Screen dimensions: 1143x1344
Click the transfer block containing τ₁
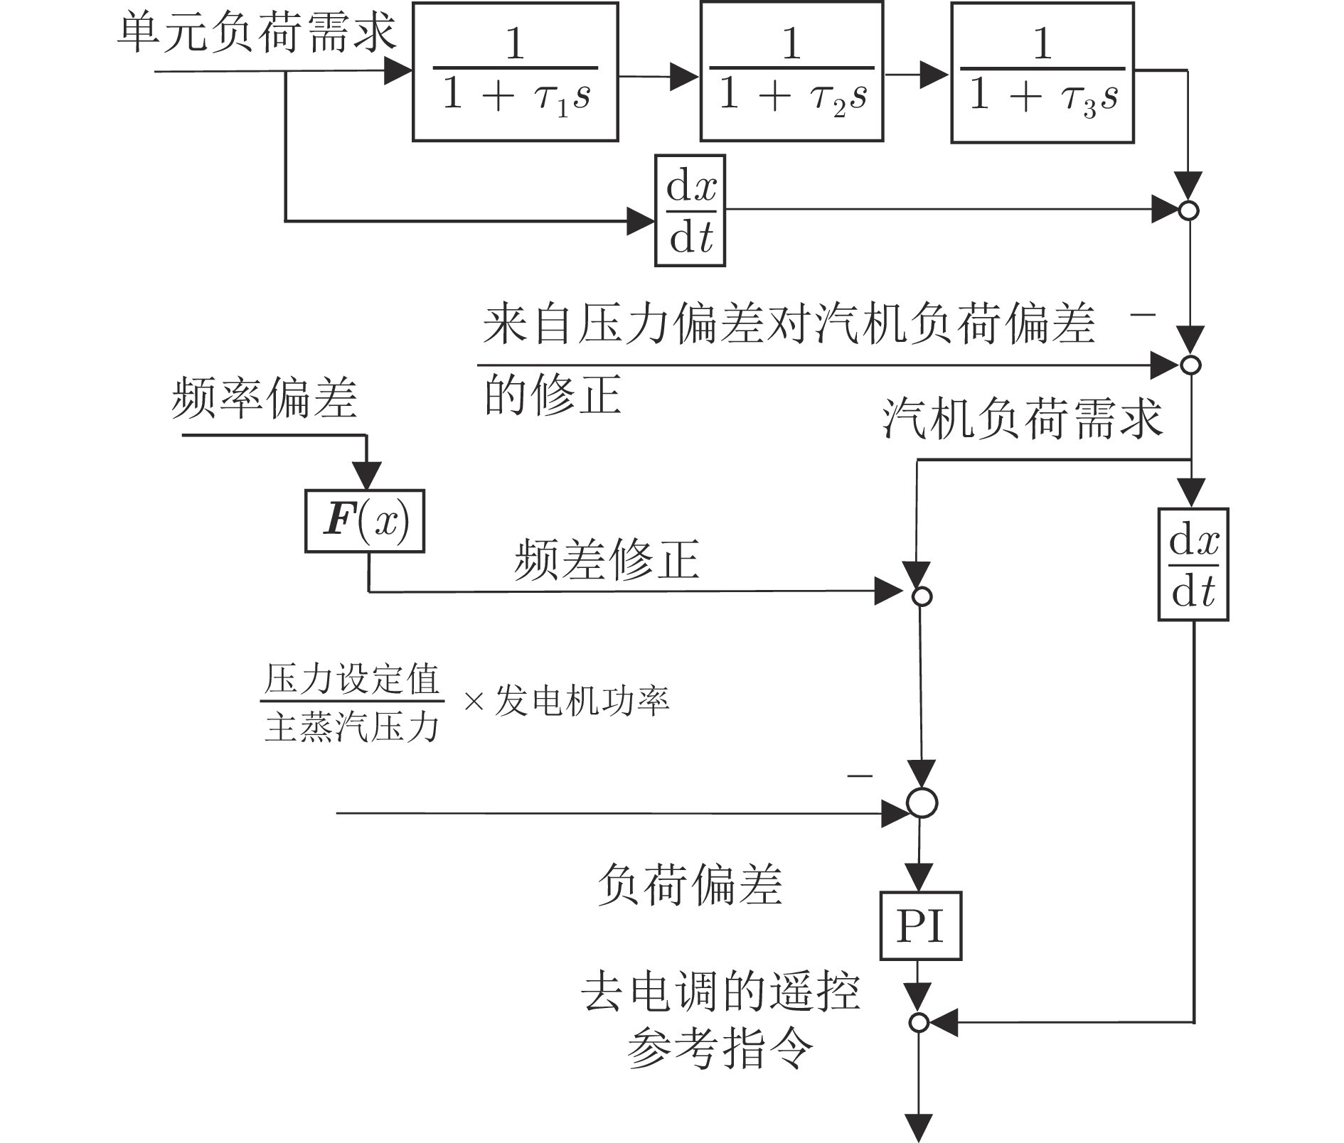515,72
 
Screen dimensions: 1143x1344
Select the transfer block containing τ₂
791,72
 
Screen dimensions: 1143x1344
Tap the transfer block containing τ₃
1042,72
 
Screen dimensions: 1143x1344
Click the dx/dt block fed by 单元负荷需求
690,211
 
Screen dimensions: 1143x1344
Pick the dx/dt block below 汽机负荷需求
1193,565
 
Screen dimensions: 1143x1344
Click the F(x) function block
365,521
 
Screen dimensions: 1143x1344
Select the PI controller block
920,926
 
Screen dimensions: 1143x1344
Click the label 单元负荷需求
256,32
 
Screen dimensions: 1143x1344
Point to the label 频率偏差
264,398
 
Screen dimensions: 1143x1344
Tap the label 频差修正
607,560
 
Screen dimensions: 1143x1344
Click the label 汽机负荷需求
1022,418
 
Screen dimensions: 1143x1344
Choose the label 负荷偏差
689,886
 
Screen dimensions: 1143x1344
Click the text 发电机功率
582,701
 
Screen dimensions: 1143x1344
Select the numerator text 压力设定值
351,680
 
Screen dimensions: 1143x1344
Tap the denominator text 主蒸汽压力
351,726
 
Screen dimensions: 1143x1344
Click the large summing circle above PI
922,803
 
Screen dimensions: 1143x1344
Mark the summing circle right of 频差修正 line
922,596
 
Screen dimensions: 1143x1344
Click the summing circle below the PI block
919,1023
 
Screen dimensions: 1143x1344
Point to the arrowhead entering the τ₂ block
686,76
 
